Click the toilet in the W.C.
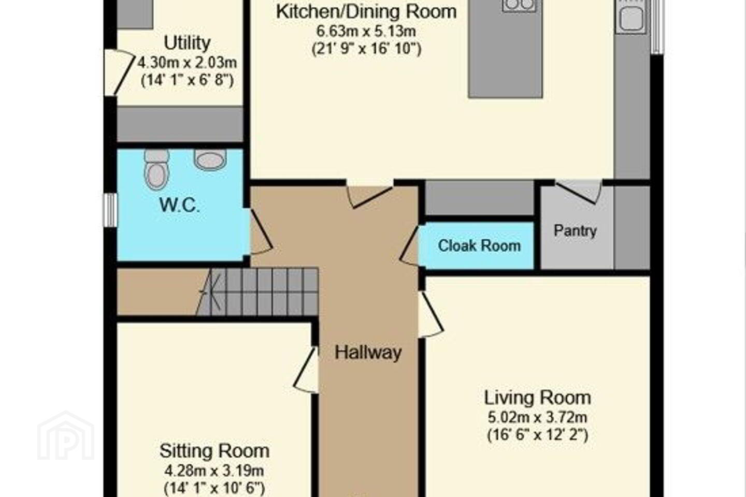[156, 169]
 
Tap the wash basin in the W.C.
[210, 159]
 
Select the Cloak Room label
[479, 246]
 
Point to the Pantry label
[575, 231]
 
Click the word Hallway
[368, 352]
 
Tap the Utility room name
[187, 42]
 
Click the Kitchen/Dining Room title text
[366, 12]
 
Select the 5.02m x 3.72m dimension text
[538, 417]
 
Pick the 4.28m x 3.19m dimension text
[214, 471]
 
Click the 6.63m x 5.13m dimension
[366, 31]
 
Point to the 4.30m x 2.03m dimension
[187, 62]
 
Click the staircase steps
[258, 291]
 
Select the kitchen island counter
[506, 49]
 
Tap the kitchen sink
[631, 17]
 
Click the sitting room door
[306, 370]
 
